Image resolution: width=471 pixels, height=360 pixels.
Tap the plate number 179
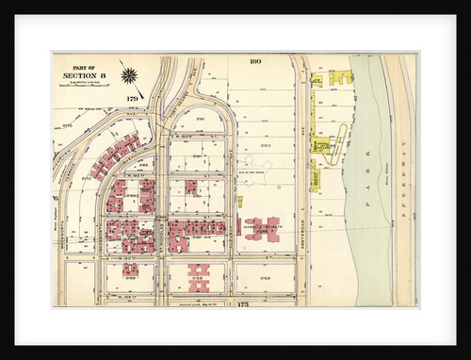point(133,97)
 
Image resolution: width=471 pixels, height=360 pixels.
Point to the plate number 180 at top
point(254,61)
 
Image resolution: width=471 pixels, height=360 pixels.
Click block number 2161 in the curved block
point(201,120)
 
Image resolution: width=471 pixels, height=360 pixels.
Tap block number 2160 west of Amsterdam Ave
point(265,145)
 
